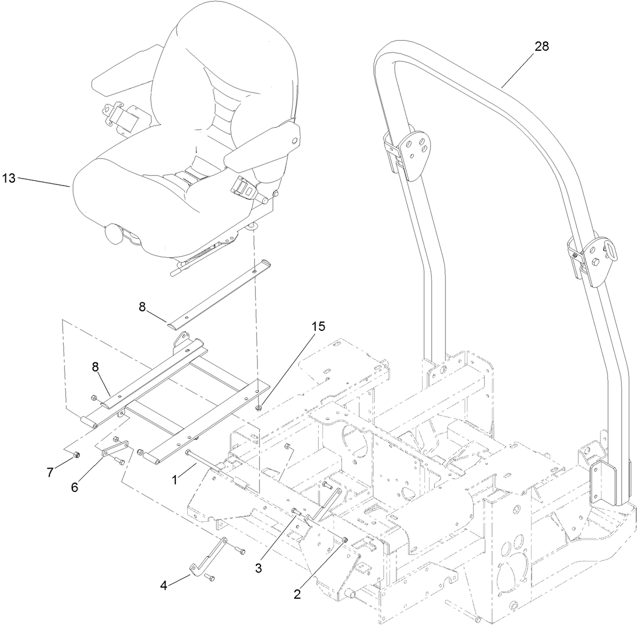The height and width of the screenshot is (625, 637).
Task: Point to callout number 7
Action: point(50,473)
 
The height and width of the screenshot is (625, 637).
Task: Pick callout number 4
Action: point(164,584)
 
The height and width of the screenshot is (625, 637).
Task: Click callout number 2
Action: point(297,595)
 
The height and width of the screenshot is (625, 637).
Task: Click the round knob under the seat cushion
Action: point(114,235)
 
